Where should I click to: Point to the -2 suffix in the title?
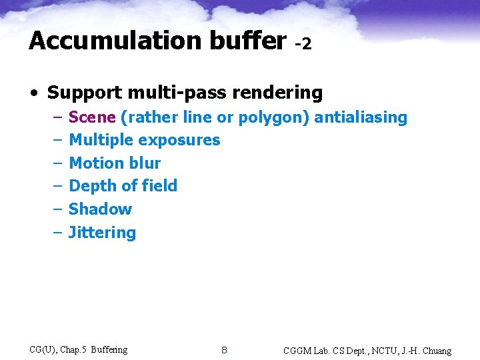pyautogui.click(x=303, y=44)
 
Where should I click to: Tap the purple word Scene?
pyautogui.click(x=92, y=117)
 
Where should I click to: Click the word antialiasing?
pyautogui.click(x=361, y=117)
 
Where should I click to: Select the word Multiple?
pyautogui.click(x=101, y=140)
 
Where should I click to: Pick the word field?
pyautogui.click(x=159, y=186)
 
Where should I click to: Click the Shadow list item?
pyautogui.click(x=100, y=209)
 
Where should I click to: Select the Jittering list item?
pyautogui.click(x=102, y=233)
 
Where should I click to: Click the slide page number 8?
pyautogui.click(x=224, y=350)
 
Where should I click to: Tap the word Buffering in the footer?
pyautogui.click(x=109, y=349)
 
